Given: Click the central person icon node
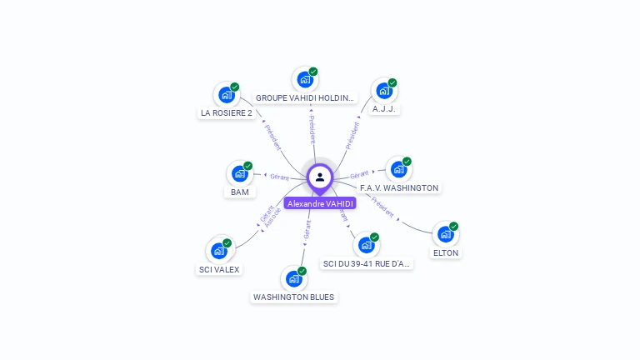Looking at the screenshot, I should pyautogui.click(x=320, y=177).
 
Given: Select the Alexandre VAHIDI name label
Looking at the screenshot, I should pyautogui.click(x=320, y=203).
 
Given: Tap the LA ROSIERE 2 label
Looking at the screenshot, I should pyautogui.click(x=227, y=112).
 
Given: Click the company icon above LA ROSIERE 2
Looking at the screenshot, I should pyautogui.click(x=226, y=95).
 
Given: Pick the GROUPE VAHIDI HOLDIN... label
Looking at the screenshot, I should pyautogui.click(x=305, y=97).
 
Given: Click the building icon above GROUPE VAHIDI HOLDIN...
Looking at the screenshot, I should pyautogui.click(x=304, y=80).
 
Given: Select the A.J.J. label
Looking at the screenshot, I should pyautogui.click(x=383, y=108).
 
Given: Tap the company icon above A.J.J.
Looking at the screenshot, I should pyautogui.click(x=383, y=91).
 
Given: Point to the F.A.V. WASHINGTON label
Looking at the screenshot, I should pyautogui.click(x=398, y=187).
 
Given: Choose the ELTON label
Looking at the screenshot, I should pyautogui.click(x=446, y=252).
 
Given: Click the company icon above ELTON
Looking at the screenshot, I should pyautogui.click(x=446, y=235).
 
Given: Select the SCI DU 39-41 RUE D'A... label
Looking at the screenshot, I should pyautogui.click(x=366, y=263).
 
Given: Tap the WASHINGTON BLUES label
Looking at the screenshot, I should pyautogui.click(x=293, y=297).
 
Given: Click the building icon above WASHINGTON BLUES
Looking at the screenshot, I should pyautogui.click(x=293, y=279).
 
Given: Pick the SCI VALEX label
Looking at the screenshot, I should pyautogui.click(x=219, y=269).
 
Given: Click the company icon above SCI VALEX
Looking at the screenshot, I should pyautogui.click(x=218, y=251).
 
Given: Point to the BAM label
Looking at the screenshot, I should pyautogui.click(x=240, y=192).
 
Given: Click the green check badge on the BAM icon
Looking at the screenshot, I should pyautogui.click(x=247, y=166).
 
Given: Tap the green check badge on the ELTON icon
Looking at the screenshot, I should pyautogui.click(x=454, y=227).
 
